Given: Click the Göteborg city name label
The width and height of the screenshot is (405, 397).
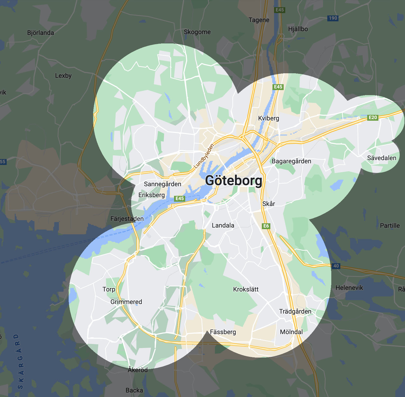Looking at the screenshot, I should click(234, 181).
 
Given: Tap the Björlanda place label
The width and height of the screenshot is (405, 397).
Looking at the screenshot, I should click(40, 33).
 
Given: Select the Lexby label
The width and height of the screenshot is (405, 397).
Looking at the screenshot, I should click(63, 76).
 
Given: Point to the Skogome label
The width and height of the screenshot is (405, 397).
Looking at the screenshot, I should click(197, 32).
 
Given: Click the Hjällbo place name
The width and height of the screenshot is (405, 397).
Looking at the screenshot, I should click(298, 29).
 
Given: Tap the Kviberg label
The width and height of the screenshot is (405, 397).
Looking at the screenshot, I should click(268, 118).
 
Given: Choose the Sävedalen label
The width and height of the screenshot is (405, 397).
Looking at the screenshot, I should click(382, 158).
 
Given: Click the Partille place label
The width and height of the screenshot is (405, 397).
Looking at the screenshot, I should click(390, 226).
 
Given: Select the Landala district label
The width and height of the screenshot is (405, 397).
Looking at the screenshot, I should click(223, 225).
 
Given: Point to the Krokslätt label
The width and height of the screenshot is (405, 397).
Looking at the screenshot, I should click(246, 289).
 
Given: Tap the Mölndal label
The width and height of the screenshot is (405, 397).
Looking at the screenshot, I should click(291, 332).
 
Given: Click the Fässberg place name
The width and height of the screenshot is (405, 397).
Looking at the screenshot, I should click(223, 332).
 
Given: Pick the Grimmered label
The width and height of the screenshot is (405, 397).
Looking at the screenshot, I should click(126, 302).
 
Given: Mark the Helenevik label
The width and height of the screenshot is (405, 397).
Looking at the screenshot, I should click(349, 288).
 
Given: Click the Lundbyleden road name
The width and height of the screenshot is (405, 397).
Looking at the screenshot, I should click(204, 156).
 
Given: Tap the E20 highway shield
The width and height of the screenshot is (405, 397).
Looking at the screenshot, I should click(373, 118).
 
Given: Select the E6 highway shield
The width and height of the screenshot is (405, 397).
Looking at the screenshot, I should click(266, 226).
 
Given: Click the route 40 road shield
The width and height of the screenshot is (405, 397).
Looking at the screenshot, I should click(336, 266).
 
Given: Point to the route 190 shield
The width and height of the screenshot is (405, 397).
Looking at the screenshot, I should click(333, 18).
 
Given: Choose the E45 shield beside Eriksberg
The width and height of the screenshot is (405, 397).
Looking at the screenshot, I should click(180, 198).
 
